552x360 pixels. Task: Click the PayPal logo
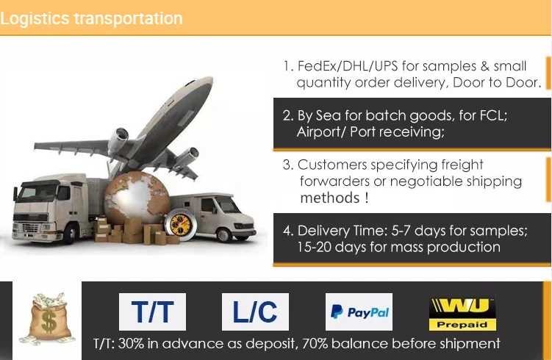pos(359,312)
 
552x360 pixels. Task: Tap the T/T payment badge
pos(152,312)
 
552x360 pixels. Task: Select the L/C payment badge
pos(255,312)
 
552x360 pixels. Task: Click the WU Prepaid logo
pos(462,314)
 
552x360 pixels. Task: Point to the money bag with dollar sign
pos(49,318)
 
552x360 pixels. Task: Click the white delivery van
pos(213,215)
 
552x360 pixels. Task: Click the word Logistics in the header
pos(35,18)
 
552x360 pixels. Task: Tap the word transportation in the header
pos(128,18)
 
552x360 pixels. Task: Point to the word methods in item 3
pos(330,198)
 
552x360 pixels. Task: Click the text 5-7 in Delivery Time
pos(401,231)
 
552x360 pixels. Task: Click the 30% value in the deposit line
pos(131,343)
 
